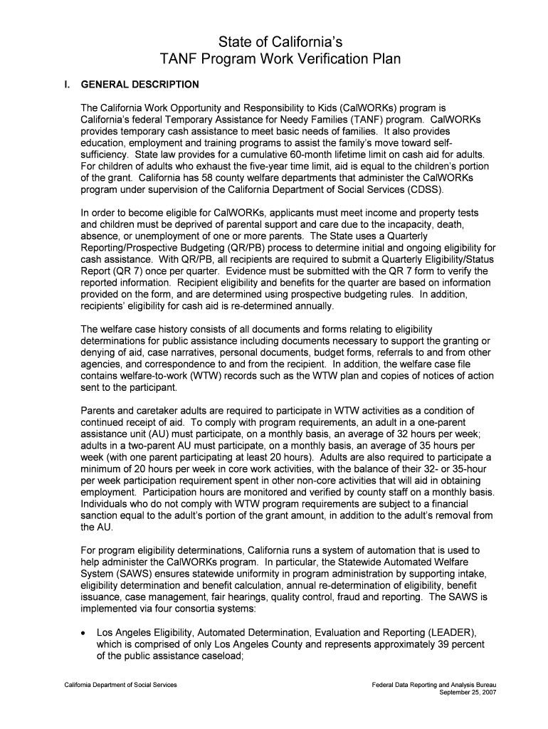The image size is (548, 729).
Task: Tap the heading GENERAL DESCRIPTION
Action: [x=140, y=85]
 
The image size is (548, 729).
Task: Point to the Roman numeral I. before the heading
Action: [x=65, y=85]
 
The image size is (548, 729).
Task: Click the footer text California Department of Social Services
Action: [x=118, y=685]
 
